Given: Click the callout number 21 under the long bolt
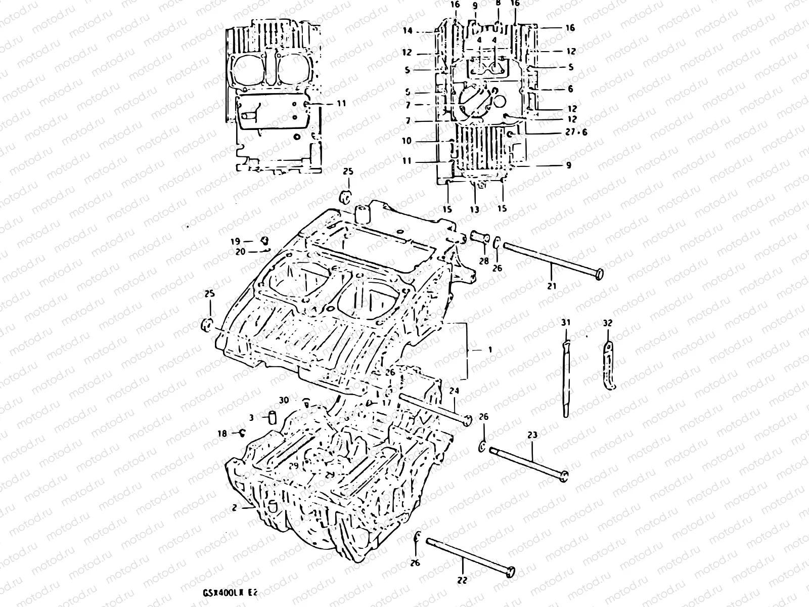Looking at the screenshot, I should coord(552,286).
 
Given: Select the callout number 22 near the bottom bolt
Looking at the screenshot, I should coord(462,580).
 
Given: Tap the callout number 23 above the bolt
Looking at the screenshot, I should coord(532,434).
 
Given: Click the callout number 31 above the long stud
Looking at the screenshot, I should coord(566,322).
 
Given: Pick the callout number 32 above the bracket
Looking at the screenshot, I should coord(608,322).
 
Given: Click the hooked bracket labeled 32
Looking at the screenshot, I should coord(609,364).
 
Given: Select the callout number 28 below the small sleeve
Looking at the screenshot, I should coord(484,261).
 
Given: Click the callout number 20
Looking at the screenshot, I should coord(240,251).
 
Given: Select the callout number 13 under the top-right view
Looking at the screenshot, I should coord(474,208).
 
